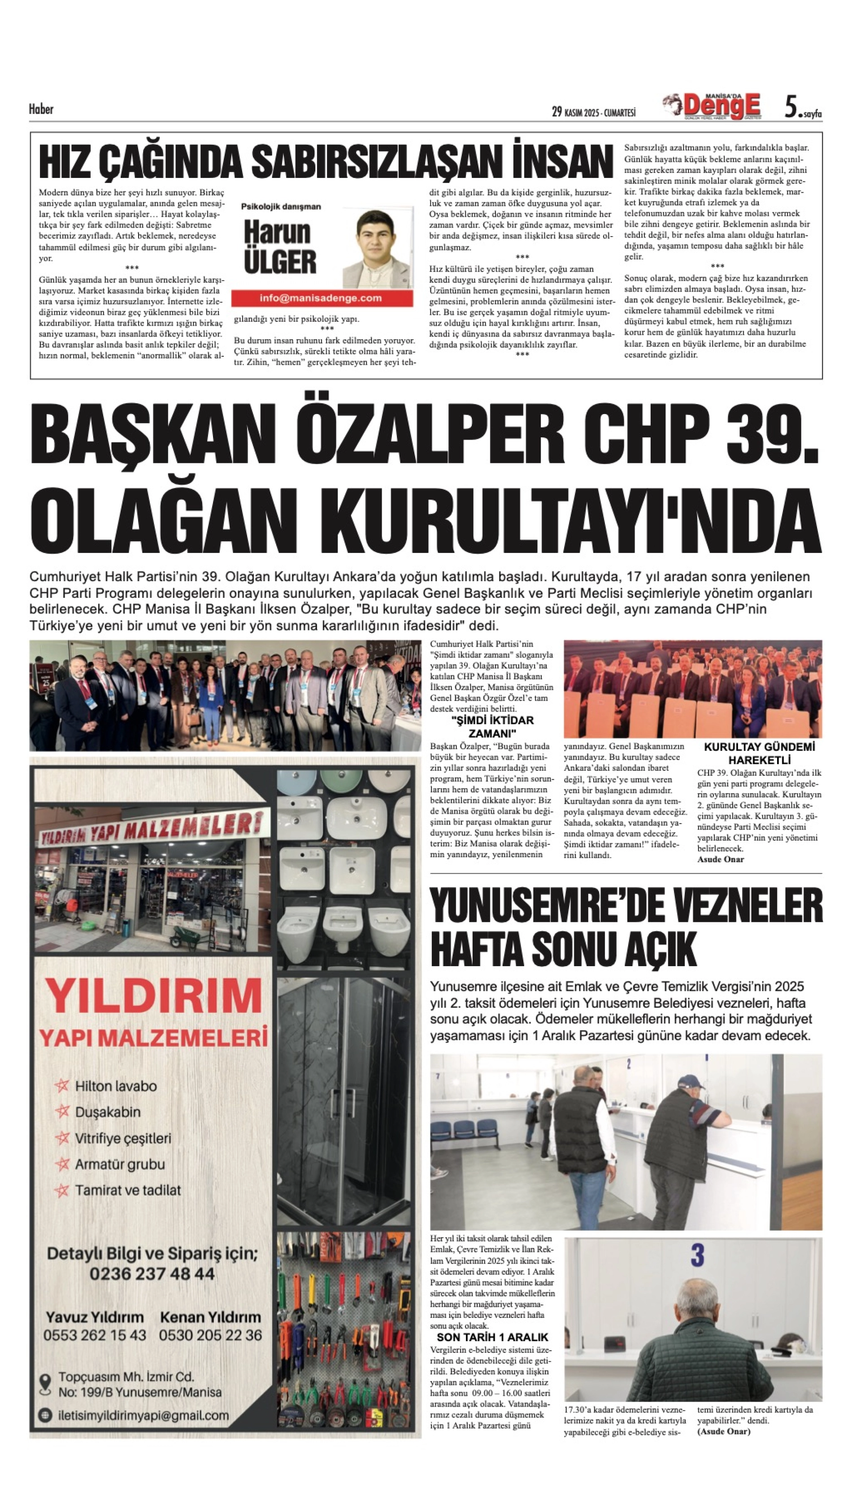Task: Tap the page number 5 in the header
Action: [x=791, y=107]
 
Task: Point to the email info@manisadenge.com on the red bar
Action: [x=321, y=298]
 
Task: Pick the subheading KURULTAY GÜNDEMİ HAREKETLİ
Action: [x=759, y=753]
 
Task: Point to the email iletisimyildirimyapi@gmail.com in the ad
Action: [x=143, y=1416]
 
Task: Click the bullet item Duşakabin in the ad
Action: [x=108, y=1112]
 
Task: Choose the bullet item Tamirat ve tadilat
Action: [x=127, y=1190]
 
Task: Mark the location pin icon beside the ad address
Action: [x=45, y=1384]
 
